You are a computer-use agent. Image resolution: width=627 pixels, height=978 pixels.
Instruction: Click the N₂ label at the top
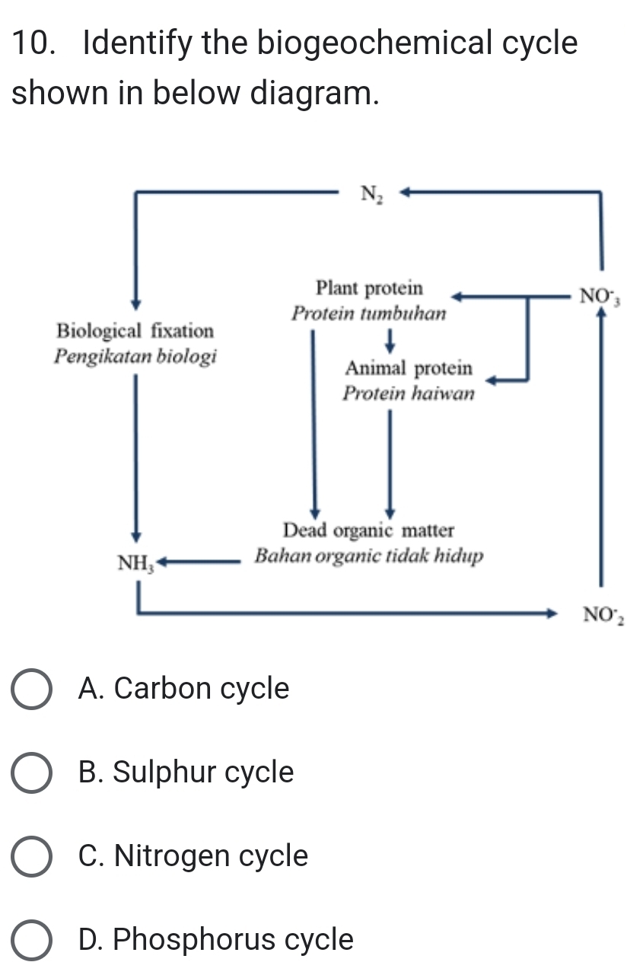371,195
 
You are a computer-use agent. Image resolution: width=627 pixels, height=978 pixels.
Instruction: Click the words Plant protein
369,288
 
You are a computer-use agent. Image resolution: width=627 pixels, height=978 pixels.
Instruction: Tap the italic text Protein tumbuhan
368,314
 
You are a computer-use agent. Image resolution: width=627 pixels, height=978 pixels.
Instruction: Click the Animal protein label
409,369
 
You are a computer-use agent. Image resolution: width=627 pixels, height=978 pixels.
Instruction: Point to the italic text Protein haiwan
409,393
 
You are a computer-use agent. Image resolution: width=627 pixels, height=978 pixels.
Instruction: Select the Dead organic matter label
368,530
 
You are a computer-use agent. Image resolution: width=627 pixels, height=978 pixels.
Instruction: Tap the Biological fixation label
135,331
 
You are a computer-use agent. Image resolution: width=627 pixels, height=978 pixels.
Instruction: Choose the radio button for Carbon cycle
33,690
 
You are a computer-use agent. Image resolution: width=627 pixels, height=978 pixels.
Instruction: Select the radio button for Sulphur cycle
33,773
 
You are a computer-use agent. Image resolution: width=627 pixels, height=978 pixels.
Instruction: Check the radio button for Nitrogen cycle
33,856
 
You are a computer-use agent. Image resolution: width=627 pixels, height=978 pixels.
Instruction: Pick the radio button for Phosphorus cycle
33,940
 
